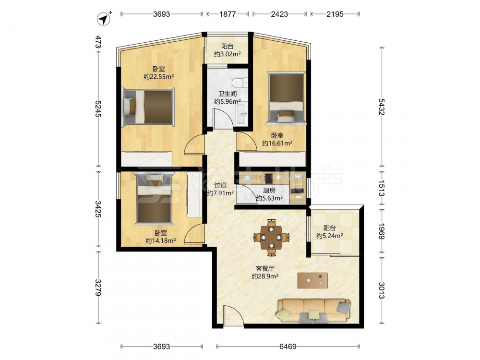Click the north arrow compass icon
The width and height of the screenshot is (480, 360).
[x=104, y=19]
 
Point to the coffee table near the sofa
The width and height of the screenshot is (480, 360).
[x=312, y=280]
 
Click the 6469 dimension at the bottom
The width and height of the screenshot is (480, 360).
[x=288, y=347]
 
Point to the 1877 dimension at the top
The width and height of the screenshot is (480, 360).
[x=228, y=14]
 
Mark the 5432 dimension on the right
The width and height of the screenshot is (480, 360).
[x=382, y=107]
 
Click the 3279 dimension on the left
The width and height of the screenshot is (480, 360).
[x=98, y=288]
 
